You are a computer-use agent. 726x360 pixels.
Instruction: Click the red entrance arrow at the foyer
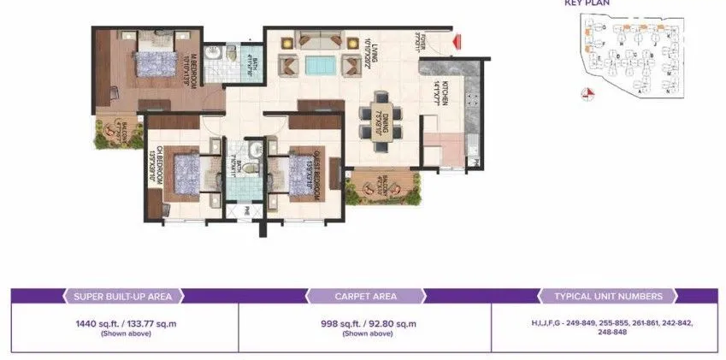[x=457, y=40]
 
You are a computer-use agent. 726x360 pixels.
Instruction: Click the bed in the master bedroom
[x=155, y=63]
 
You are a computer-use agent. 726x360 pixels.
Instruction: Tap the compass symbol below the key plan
[x=587, y=95]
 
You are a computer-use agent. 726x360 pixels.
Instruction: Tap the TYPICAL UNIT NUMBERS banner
[x=608, y=297]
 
